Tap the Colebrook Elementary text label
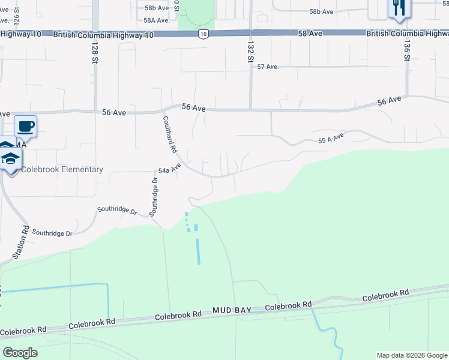click(x=62, y=169)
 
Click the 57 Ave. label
click(x=268, y=67)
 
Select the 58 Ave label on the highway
click(x=311, y=34)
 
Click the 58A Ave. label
click(x=156, y=20)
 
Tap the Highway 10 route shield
click(x=204, y=34)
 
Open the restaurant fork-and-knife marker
click(x=399, y=8)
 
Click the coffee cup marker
click(x=26, y=127)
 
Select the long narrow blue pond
click(x=198, y=251)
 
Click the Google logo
click(x=20, y=352)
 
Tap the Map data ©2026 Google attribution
click(x=412, y=355)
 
